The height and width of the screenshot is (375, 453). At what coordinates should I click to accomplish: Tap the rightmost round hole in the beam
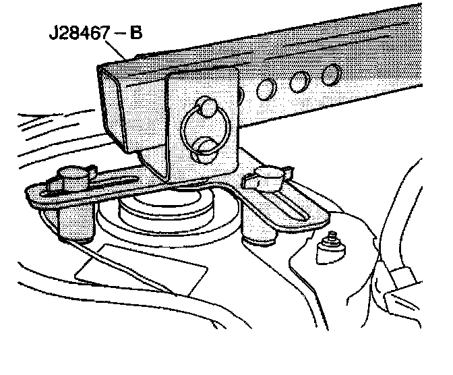[330, 74]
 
